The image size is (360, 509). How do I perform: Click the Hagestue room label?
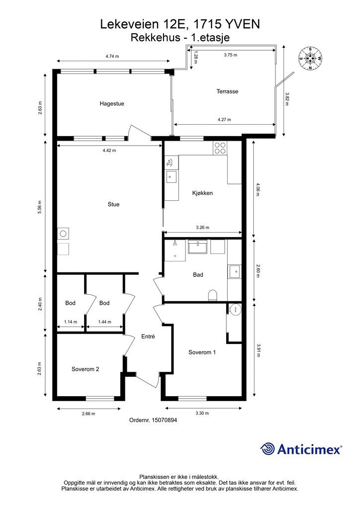pyautogui.click(x=112, y=104)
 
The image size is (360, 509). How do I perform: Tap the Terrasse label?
pyautogui.click(x=227, y=91)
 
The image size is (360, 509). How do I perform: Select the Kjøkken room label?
pyautogui.click(x=202, y=193)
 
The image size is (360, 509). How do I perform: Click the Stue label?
pyautogui.click(x=113, y=204)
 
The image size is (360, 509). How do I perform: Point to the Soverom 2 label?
pyautogui.click(x=86, y=369)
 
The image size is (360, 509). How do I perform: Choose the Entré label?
pyautogui.click(x=148, y=337)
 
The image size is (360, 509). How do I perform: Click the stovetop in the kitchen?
pyautogui.click(x=220, y=148)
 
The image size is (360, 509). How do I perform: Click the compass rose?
pyautogui.click(x=310, y=59)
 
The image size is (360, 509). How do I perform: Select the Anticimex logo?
pyautogui.click(x=301, y=449)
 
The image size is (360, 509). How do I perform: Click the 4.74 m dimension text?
pyautogui.click(x=112, y=56)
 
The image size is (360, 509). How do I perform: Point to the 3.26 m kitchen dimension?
pyautogui.click(x=202, y=228)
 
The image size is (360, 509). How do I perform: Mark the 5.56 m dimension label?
pyautogui.click(x=40, y=207)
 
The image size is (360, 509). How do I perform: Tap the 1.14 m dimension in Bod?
pyautogui.click(x=71, y=322)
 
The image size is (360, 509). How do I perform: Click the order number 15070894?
pyautogui.click(x=153, y=420)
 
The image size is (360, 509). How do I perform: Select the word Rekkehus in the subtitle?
pyautogui.click(x=155, y=38)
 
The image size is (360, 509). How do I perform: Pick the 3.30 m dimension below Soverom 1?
pyautogui.click(x=202, y=413)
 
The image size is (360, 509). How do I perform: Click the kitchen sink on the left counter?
pyautogui.click(x=171, y=177)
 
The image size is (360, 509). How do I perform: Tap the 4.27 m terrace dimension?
pyautogui.click(x=224, y=119)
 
